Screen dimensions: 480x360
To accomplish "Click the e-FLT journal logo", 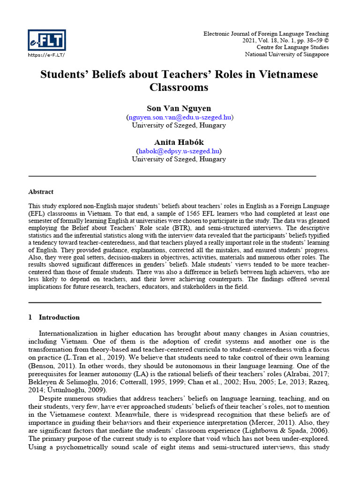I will point(47,40).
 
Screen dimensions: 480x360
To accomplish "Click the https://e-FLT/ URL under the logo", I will point(46,55).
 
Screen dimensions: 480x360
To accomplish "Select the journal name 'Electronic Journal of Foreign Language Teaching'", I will point(266,34).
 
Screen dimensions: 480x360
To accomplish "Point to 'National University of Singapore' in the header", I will point(287,54).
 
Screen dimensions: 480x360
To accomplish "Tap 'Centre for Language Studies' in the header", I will point(292,47).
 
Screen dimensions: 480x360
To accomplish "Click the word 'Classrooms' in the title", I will point(179,88).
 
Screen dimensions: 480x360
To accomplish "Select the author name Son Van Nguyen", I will point(179,108).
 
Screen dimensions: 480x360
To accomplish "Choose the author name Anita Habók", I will point(179,142).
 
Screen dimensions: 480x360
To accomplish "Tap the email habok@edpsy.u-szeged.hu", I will point(179,151).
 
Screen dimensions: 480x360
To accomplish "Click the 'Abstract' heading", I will point(41,192).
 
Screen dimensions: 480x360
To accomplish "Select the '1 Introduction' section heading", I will point(54,317).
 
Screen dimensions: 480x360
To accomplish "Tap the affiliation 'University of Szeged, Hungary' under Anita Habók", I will point(179,159).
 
